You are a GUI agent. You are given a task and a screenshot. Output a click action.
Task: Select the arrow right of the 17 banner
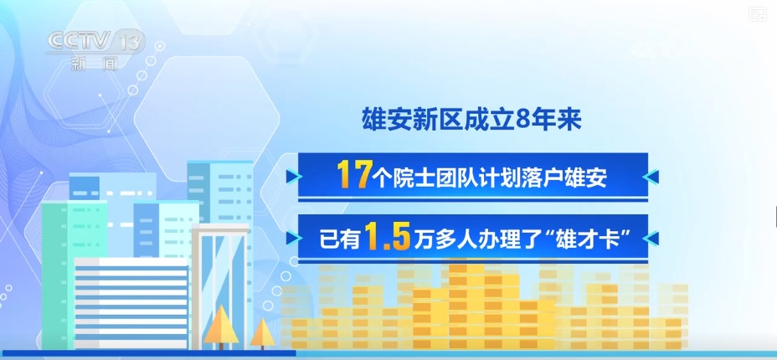tap(656, 176)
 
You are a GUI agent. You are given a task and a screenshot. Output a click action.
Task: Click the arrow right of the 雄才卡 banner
tap(656, 239)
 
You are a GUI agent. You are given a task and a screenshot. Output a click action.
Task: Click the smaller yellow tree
tap(262, 332)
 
